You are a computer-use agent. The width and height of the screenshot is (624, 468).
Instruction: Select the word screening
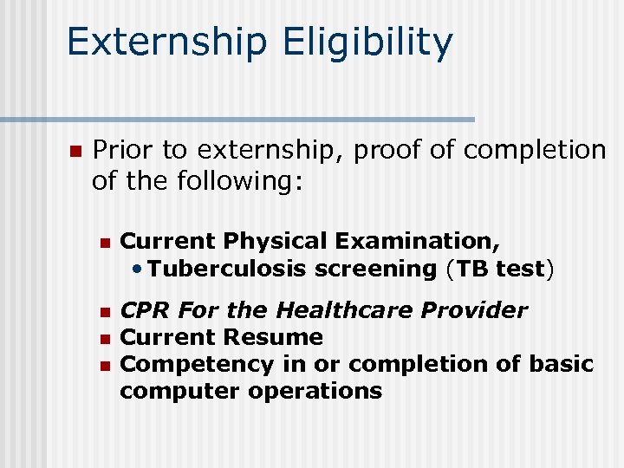(376, 269)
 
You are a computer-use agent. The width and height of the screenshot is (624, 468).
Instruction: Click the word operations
(315, 391)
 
